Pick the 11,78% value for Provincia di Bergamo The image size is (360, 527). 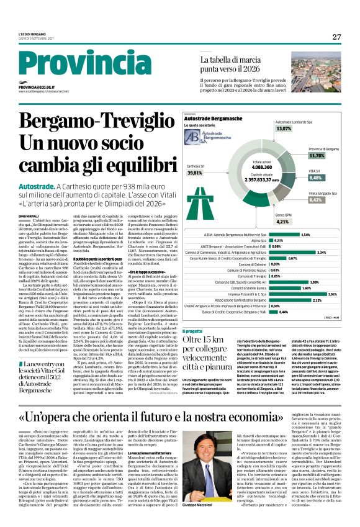(317, 156)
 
